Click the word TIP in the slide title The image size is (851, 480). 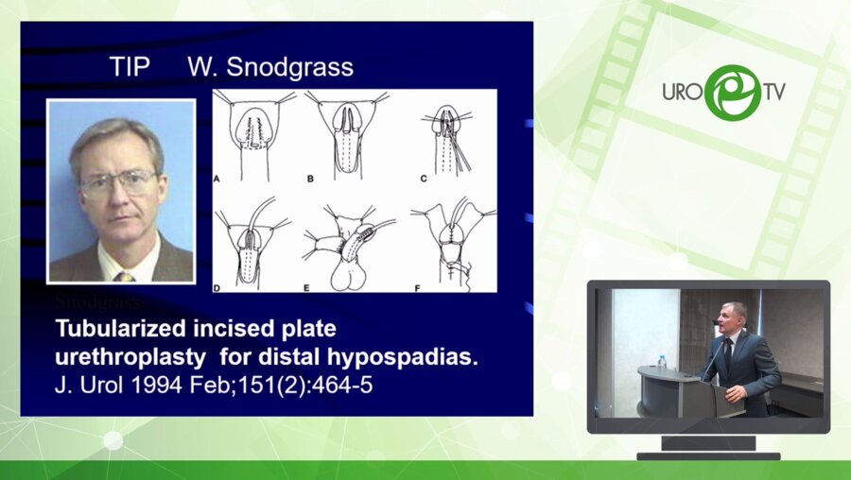130,67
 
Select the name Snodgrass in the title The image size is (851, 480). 290,68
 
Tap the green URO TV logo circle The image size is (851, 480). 733,93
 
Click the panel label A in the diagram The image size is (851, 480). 217,179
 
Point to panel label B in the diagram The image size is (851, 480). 310,179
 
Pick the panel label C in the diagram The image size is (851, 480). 424,179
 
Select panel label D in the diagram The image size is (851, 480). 217,288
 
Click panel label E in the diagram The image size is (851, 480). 306,288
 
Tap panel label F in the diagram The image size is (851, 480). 417,288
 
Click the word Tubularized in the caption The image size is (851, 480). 119,329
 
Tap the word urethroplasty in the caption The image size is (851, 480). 130,358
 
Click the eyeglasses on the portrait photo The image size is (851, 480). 119,183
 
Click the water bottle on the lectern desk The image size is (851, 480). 662,362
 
